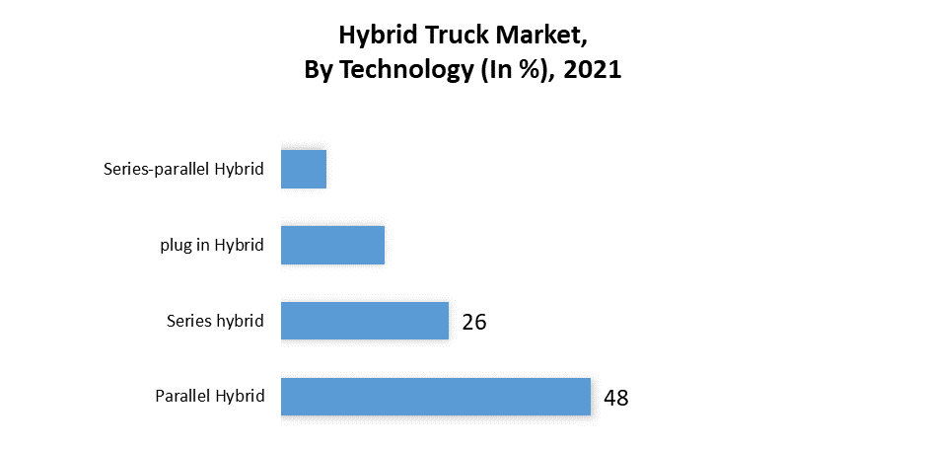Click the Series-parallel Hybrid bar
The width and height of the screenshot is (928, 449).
pyautogui.click(x=303, y=169)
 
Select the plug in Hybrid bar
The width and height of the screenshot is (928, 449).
pyautogui.click(x=332, y=245)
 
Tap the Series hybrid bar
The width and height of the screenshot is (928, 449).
pyautogui.click(x=365, y=321)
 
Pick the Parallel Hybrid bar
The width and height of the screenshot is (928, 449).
pyautogui.click(x=435, y=397)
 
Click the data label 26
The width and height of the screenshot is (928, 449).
pyautogui.click(x=474, y=322)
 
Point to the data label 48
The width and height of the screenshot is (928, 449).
pyautogui.click(x=615, y=398)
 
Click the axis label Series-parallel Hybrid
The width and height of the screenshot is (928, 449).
pyautogui.click(x=183, y=169)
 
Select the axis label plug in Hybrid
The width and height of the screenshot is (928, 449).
pyautogui.click(x=212, y=245)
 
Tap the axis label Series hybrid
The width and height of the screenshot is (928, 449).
pyautogui.click(x=215, y=321)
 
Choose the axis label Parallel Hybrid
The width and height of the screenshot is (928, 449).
pyautogui.click(x=209, y=397)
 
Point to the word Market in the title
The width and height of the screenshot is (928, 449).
pyautogui.click(x=535, y=37)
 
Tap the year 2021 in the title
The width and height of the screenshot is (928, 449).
pyautogui.click(x=593, y=71)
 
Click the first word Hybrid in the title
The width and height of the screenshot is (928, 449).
pyautogui.click(x=373, y=37)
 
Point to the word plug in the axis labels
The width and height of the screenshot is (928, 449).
pyautogui.click(x=175, y=246)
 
